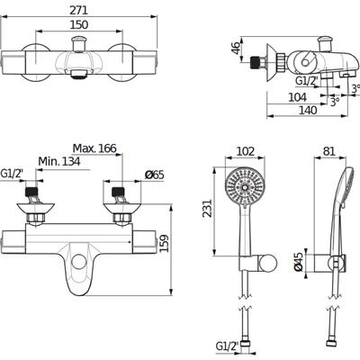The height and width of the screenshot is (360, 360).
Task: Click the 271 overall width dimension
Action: (79, 10)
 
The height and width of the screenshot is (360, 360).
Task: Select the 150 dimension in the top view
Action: (79, 24)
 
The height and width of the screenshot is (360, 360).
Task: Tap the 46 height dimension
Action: (237, 49)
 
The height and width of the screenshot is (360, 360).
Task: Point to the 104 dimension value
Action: (297, 97)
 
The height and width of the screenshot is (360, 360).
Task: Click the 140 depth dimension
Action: (308, 110)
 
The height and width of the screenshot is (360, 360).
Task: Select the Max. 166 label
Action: (94, 148)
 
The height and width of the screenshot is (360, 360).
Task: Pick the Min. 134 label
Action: (59, 161)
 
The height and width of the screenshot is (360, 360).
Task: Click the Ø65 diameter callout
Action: (155, 175)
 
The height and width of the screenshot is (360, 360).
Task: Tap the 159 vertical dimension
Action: (164, 243)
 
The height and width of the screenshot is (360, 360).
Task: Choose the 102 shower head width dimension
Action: (246, 151)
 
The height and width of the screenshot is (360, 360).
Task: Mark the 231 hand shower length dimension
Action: (207, 208)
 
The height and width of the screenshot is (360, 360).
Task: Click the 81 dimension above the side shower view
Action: (329, 151)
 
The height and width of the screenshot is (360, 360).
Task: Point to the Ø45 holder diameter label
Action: (298, 262)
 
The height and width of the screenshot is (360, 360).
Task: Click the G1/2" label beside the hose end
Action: (227, 346)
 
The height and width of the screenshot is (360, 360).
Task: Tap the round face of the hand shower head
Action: (245, 187)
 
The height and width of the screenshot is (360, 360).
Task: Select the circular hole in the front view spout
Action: (79, 262)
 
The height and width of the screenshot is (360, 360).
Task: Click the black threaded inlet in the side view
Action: (255, 62)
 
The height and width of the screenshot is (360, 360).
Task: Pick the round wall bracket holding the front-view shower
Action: (268, 264)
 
